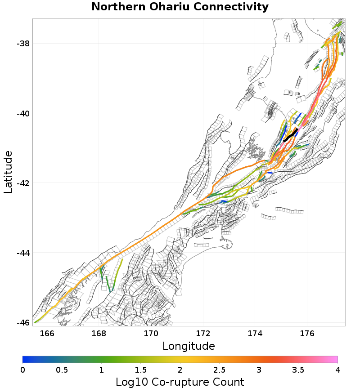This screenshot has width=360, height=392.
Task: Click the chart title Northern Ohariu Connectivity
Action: click(x=180, y=7)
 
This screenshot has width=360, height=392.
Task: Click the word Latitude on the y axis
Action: click(x=8, y=172)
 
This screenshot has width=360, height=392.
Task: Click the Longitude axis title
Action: click(x=189, y=346)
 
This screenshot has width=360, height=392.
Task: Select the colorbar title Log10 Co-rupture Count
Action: click(x=180, y=382)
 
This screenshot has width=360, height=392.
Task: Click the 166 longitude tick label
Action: click(x=47, y=333)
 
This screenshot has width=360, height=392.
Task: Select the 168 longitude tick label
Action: click(x=99, y=333)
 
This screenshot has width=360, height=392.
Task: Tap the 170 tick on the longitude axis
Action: click(x=151, y=333)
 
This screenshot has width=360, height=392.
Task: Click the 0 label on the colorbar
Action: click(x=22, y=370)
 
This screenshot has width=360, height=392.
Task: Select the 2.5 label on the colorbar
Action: click(x=219, y=370)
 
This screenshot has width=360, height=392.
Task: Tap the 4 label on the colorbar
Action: click(x=337, y=370)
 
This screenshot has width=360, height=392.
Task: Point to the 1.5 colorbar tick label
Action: click(x=140, y=370)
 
